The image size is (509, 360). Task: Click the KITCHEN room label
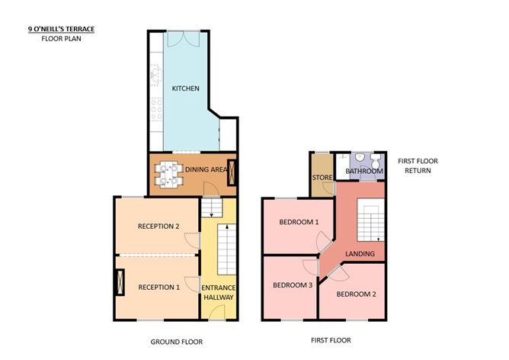185,88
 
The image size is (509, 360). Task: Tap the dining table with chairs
168,174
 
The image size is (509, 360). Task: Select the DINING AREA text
206,169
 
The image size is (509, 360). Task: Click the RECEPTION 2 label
158,226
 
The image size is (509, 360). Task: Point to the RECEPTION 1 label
158,288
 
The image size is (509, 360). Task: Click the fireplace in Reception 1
120,282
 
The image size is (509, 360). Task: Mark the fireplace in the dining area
232,172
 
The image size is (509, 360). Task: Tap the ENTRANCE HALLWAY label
219,292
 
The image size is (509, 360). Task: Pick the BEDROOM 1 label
299,222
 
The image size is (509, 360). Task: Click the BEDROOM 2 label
356,294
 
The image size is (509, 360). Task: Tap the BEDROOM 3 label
293,285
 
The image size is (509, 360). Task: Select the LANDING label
360,254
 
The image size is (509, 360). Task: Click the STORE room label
322,178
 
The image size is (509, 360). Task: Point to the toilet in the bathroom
376,161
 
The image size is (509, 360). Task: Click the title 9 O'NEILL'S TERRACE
62,29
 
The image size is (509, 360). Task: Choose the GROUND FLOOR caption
177,342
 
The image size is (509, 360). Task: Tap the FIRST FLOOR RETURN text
418,166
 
